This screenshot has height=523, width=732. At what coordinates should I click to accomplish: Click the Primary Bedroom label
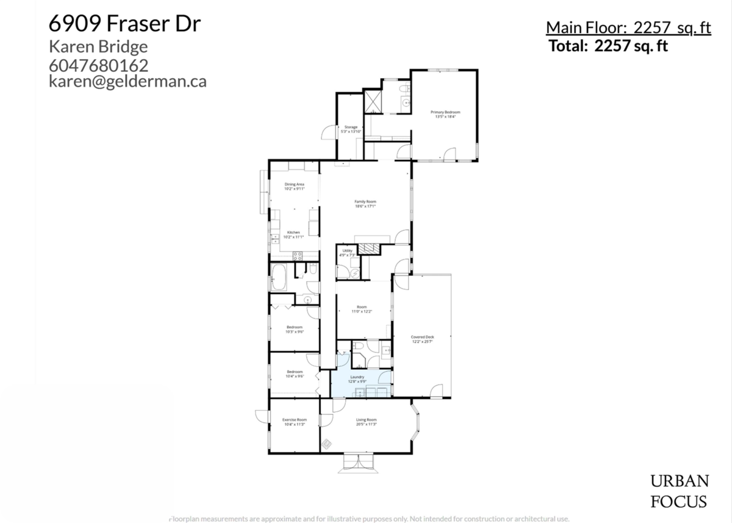445,112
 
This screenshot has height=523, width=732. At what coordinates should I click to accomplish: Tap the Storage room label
351,127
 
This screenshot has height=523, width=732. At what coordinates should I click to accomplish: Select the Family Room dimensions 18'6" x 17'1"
365,206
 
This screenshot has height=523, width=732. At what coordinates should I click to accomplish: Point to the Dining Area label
294,184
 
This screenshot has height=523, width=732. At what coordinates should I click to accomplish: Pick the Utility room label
346,251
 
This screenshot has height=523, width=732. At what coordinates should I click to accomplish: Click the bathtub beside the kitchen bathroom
281,278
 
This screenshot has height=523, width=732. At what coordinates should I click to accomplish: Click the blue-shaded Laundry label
357,377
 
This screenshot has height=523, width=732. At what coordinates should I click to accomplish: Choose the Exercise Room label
294,420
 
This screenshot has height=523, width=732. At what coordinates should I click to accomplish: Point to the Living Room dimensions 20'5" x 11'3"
366,424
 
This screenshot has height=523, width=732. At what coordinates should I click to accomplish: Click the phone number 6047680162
99,65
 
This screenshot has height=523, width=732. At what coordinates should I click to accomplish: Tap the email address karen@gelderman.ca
127,81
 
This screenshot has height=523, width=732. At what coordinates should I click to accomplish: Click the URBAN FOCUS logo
678,491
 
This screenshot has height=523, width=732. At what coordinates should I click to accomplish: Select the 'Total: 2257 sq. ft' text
608,46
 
